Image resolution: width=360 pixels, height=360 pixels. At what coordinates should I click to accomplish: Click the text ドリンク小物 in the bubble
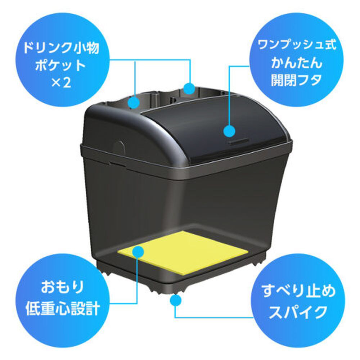click(x=61, y=48)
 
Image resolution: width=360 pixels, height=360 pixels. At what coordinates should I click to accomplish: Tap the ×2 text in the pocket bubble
click(x=61, y=83)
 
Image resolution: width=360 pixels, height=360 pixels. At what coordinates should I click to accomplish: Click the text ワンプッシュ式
click(x=297, y=45)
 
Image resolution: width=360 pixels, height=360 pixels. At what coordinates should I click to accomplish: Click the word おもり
click(x=62, y=287)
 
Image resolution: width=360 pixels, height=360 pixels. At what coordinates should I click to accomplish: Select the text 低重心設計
click(x=62, y=308)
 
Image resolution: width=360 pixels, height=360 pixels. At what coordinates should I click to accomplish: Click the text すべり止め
click(x=298, y=291)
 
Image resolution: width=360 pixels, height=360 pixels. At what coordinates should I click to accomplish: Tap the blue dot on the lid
click(x=229, y=131)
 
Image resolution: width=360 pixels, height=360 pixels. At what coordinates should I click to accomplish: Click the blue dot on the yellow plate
click(x=138, y=251)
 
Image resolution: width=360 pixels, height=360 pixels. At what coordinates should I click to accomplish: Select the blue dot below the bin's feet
click(x=175, y=300)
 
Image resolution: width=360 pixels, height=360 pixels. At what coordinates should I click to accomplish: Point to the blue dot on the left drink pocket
click(x=134, y=102)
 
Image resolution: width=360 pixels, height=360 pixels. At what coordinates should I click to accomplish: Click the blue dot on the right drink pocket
click(x=189, y=88)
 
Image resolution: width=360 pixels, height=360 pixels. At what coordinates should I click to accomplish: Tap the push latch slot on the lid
click(x=238, y=141)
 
